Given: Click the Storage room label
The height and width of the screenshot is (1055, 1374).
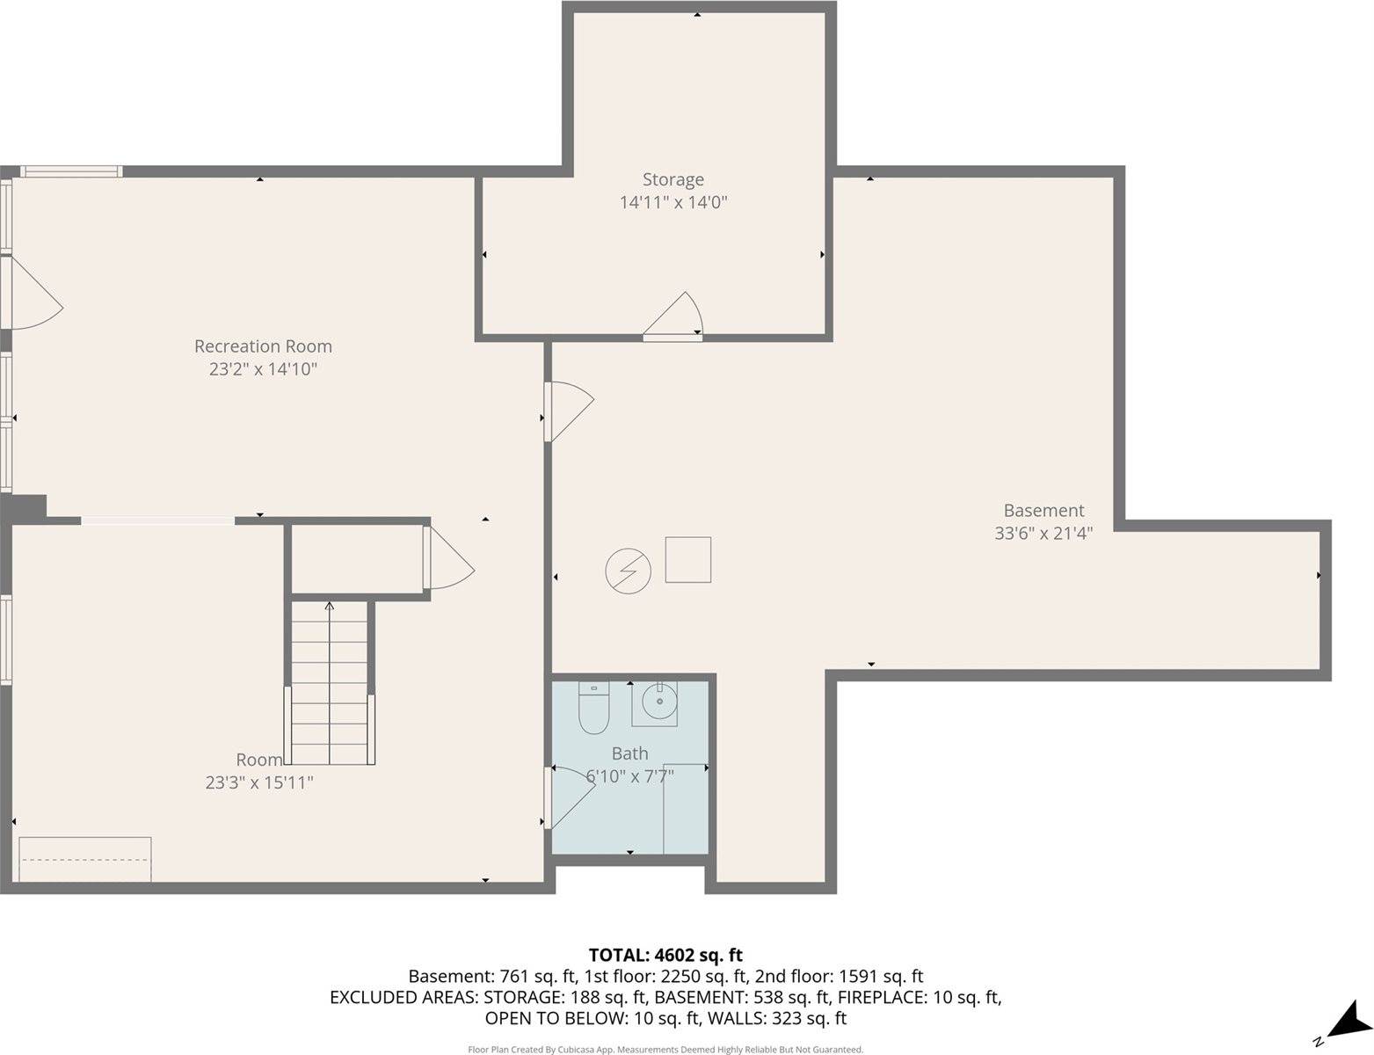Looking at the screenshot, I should [x=672, y=179].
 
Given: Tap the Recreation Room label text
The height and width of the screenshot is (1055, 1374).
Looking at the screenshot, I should [x=263, y=346].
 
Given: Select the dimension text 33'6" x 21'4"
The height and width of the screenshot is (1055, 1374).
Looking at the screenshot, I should [x=1043, y=533].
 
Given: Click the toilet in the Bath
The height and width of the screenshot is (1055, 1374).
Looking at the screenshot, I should [x=593, y=709].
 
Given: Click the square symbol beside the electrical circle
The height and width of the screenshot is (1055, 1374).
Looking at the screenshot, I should [x=687, y=559].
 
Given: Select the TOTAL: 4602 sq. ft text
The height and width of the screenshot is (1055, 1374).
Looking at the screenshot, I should [x=665, y=955].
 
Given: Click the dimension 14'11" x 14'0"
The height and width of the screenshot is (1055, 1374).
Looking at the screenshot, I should [x=673, y=203].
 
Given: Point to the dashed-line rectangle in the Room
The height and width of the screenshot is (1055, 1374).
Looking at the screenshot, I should [x=85, y=858].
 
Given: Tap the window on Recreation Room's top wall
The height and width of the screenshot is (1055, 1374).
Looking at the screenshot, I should [x=70, y=171].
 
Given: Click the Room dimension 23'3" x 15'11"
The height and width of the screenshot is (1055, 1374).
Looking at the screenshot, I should [x=259, y=782].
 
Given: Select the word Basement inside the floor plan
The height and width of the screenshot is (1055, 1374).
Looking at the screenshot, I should [x=1043, y=510].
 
